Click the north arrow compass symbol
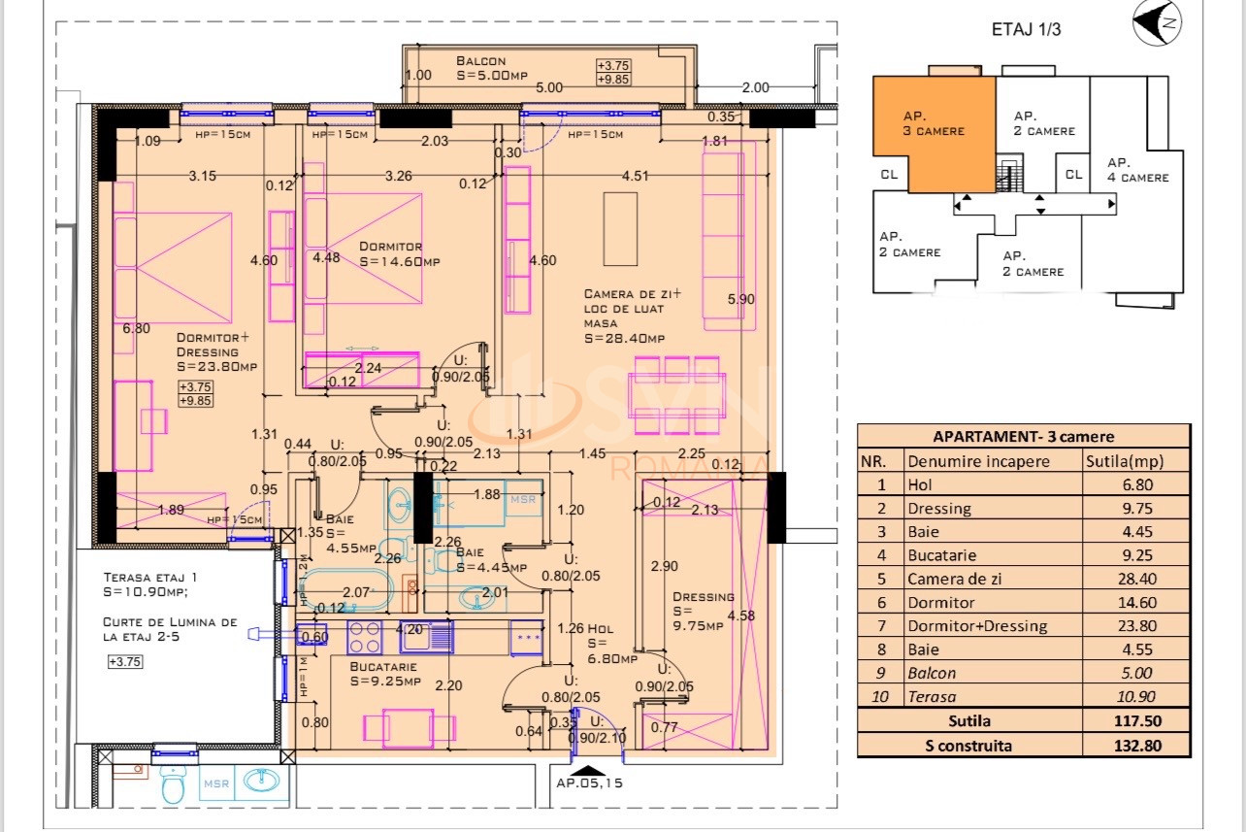[x=1157, y=24]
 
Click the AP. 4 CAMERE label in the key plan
[x=1137, y=170]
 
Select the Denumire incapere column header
[x=978, y=461]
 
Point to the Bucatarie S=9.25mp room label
[x=386, y=674]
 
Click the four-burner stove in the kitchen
[x=365, y=638]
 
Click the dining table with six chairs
[x=676, y=397]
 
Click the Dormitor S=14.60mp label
[x=399, y=254]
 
